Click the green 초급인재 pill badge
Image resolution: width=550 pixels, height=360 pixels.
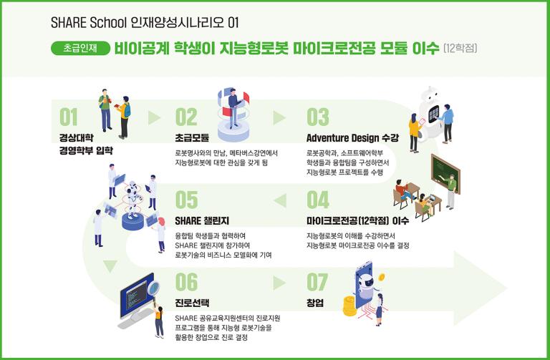pyautogui.click(x=81, y=49)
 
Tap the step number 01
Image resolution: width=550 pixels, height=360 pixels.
pyautogui.click(x=69, y=117)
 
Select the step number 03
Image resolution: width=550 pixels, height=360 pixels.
pyautogui.click(x=318, y=117)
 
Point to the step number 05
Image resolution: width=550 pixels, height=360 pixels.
pyautogui.click(x=186, y=200)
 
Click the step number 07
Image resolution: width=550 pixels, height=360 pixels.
pyautogui.click(x=317, y=283)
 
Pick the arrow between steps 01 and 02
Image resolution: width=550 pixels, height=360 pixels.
pyautogui.click(x=155, y=118)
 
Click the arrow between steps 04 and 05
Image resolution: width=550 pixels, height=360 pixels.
pyautogui.click(x=280, y=200)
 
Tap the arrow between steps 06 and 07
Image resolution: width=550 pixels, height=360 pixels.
pyautogui.click(x=279, y=283)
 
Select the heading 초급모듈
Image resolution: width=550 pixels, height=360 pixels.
pyautogui.click(x=192, y=137)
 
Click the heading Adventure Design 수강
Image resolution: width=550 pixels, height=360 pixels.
pyautogui.click(x=352, y=137)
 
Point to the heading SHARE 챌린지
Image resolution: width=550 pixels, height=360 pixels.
pyautogui.click(x=202, y=220)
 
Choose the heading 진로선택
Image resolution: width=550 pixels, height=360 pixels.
pyautogui.click(x=192, y=303)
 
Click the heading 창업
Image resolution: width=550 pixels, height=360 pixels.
pyautogui.click(x=315, y=303)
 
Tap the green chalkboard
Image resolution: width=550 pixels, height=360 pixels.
pyautogui.click(x=445, y=172)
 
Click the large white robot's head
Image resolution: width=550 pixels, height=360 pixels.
pyautogui.click(x=430, y=94)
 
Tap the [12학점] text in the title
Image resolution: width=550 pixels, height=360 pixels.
pyautogui.click(x=460, y=48)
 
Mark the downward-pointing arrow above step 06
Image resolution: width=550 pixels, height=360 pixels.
pyautogui.click(x=110, y=266)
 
